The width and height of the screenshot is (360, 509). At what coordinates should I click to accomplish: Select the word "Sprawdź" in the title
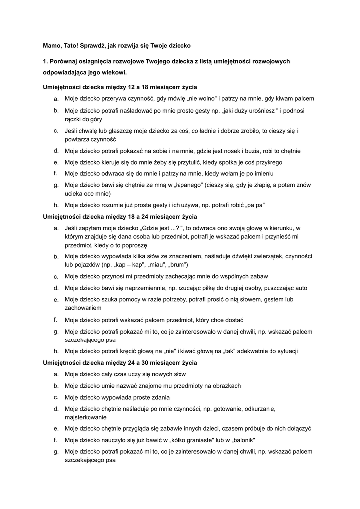(x=92, y=45)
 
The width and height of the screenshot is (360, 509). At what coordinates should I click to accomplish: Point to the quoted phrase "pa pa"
(x=254, y=205)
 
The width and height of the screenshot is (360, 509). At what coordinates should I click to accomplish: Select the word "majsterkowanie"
(x=86, y=418)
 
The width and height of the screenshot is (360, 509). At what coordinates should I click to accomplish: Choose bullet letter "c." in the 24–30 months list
(x=56, y=397)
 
